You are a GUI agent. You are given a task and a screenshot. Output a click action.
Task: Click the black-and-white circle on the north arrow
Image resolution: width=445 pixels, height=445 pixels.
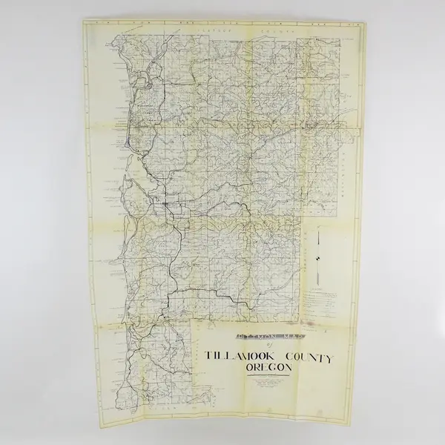click(317, 258)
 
